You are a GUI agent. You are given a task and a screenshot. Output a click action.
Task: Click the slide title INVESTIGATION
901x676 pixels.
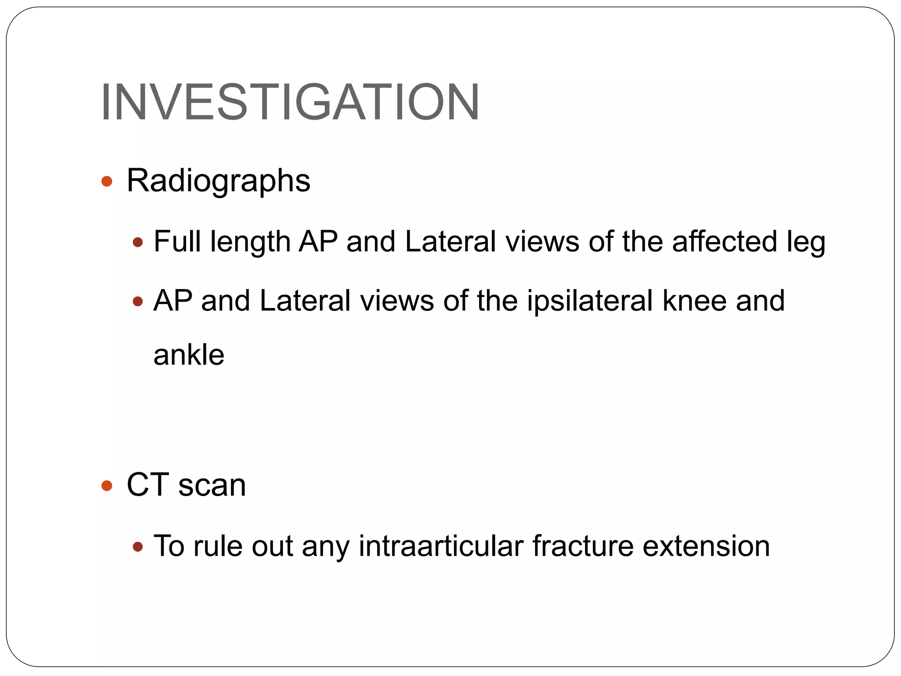290,102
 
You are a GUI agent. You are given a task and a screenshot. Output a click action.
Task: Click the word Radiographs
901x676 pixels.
218,181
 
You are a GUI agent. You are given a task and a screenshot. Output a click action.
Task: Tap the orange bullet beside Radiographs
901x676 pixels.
107,181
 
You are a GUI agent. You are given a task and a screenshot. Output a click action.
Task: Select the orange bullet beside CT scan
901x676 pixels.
107,486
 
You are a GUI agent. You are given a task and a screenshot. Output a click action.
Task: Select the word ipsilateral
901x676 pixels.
590,301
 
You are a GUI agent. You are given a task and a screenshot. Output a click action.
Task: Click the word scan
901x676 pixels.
212,486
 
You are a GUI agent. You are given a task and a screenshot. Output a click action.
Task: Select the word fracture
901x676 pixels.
582,546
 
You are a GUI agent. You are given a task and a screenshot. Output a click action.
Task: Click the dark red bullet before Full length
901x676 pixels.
138,242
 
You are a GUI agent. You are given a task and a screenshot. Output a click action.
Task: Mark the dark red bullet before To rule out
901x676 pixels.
138,547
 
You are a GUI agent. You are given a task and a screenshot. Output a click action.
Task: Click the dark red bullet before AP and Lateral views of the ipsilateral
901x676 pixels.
138,301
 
